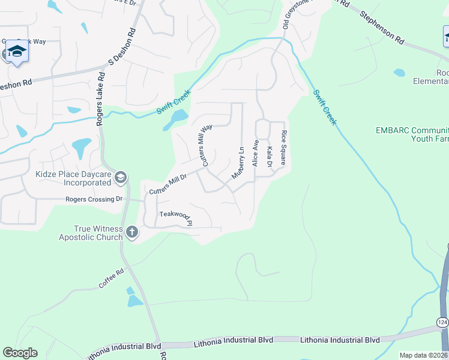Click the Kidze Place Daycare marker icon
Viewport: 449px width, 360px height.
pyautogui.click(x=121, y=176)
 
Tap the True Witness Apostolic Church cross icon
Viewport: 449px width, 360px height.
pyautogui.click(x=132, y=231)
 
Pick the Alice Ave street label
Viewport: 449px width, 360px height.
pyautogui.click(x=255, y=153)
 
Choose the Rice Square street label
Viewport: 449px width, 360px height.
pyautogui.click(x=283, y=148)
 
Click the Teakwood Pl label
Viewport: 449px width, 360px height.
pyautogui.click(x=175, y=217)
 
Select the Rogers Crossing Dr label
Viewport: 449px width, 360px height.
pyautogui.click(x=94, y=199)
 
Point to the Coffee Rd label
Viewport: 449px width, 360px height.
pyautogui.click(x=111, y=280)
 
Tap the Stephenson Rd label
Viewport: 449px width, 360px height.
pyautogui.click(x=382, y=26)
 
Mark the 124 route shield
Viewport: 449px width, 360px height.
pyautogui.click(x=442, y=322)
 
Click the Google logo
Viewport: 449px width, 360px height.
pyautogui.click(x=20, y=353)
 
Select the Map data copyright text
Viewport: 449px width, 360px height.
pyautogui.click(x=424, y=355)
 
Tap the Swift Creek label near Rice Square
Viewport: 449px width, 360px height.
pyautogui.click(x=325, y=107)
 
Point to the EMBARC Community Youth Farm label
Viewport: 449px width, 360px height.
pyautogui.click(x=412, y=134)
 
